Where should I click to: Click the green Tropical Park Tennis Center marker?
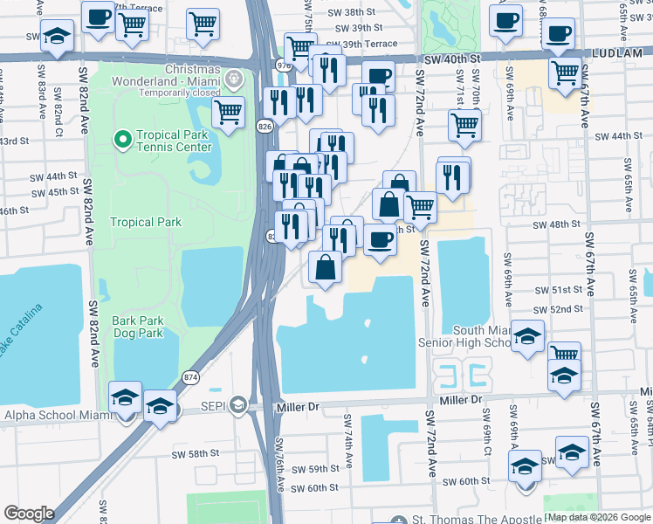(121, 138)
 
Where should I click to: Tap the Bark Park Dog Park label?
(137, 327)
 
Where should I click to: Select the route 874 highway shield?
(189, 376)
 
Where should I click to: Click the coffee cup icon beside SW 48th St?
(379, 239)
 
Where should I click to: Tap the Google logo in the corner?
(29, 513)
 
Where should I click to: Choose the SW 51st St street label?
(560, 289)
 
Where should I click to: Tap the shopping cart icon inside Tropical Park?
(228, 113)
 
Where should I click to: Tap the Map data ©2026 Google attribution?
(597, 517)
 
